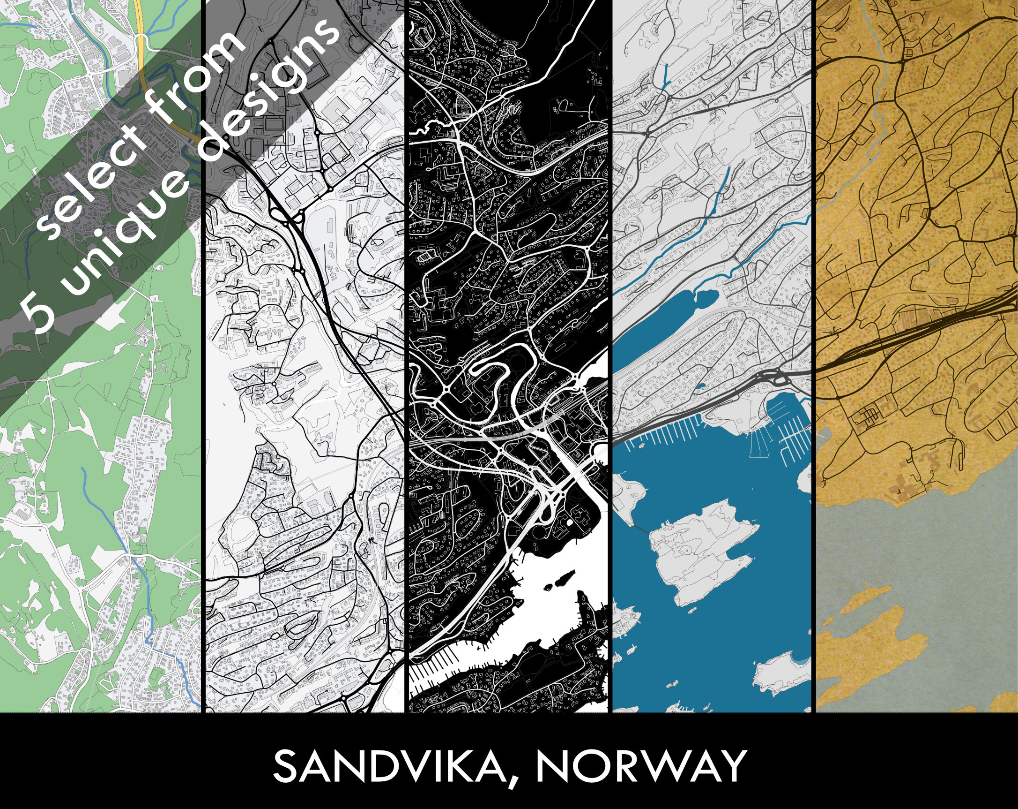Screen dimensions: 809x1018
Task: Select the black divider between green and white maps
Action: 203,355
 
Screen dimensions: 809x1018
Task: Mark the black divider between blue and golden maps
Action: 814,355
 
